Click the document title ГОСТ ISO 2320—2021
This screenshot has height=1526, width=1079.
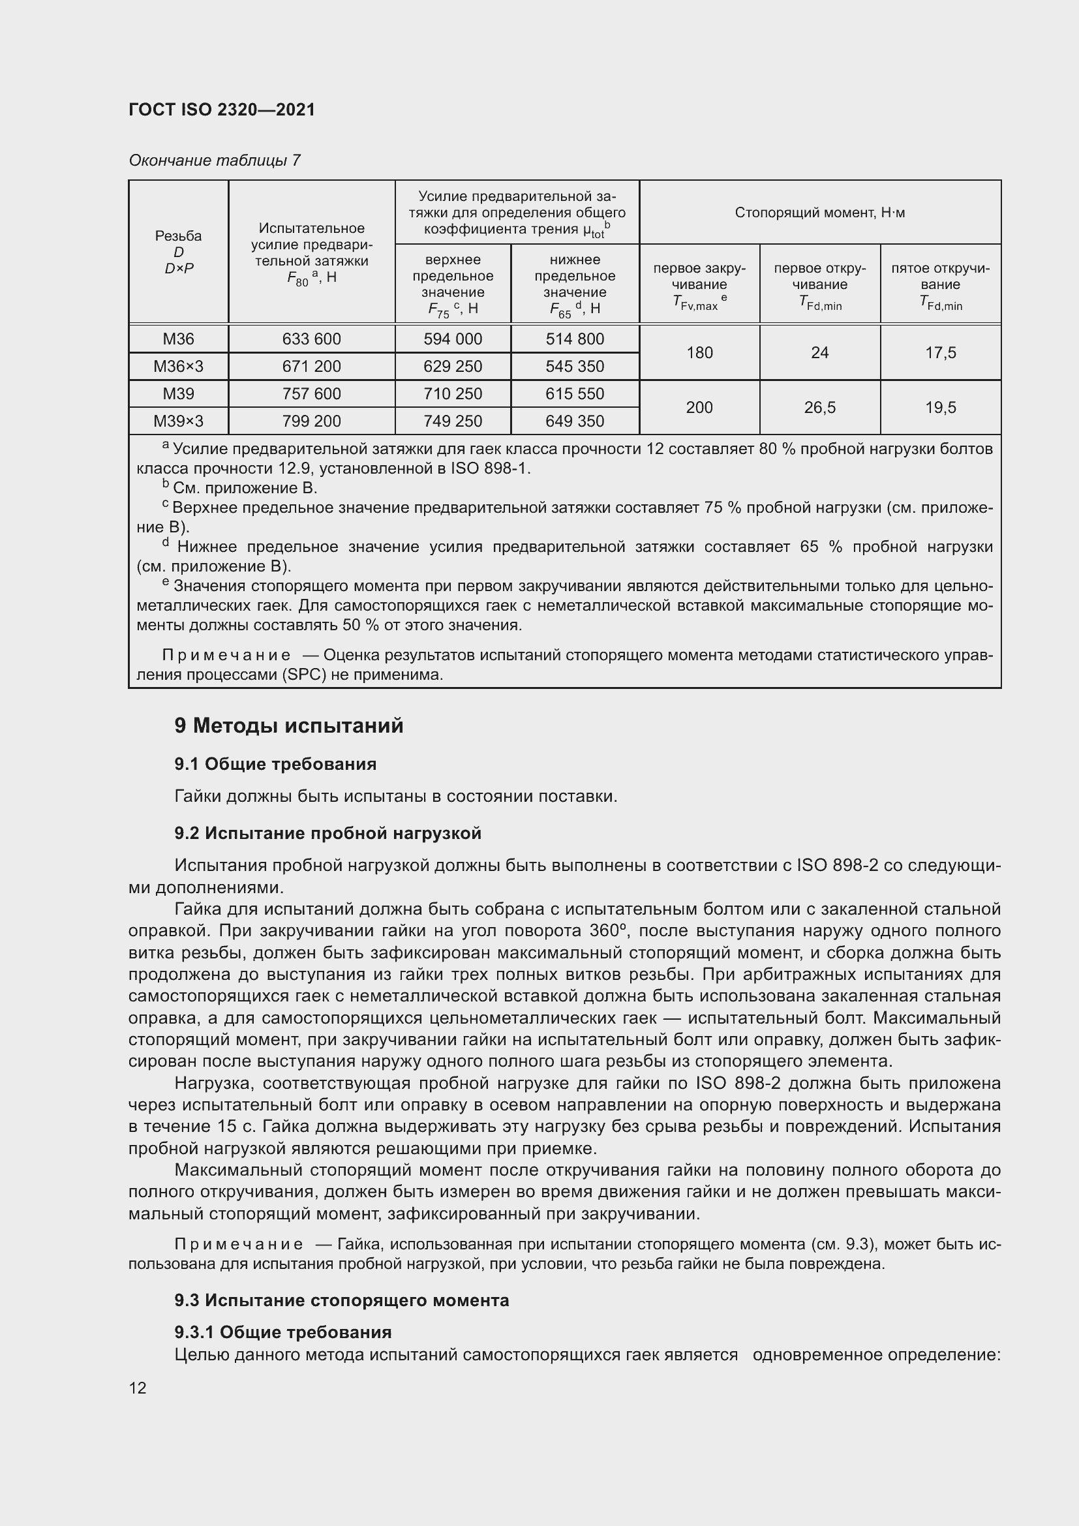pyautogui.click(x=221, y=110)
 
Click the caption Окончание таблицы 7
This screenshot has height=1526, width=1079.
pyautogui.click(x=214, y=160)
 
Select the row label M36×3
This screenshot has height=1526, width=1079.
pyautogui.click(x=178, y=366)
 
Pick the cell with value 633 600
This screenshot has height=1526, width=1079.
pyautogui.click(x=311, y=339)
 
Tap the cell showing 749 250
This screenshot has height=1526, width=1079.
pyautogui.click(x=453, y=421)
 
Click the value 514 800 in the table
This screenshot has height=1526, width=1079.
pyautogui.click(x=575, y=339)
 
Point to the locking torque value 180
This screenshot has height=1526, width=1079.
pyautogui.click(x=699, y=353)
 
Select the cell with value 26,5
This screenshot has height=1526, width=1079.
pyautogui.click(x=819, y=407)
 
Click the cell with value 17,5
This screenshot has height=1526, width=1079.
pyautogui.click(x=940, y=353)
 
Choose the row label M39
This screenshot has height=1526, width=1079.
pyautogui.click(x=178, y=393)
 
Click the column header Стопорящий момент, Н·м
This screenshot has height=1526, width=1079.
pyautogui.click(x=819, y=213)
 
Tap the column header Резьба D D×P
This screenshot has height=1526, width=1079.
pyautogui.click(x=178, y=252)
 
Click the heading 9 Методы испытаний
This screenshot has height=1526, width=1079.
pyautogui.click(x=288, y=725)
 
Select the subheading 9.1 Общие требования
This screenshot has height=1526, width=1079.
pyautogui.click(x=275, y=765)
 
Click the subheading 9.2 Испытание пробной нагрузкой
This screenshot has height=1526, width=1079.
pyautogui.click(x=327, y=833)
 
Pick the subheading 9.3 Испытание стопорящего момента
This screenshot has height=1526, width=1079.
pyautogui.click(x=341, y=1301)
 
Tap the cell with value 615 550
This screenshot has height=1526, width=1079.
pyautogui.click(x=575, y=393)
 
